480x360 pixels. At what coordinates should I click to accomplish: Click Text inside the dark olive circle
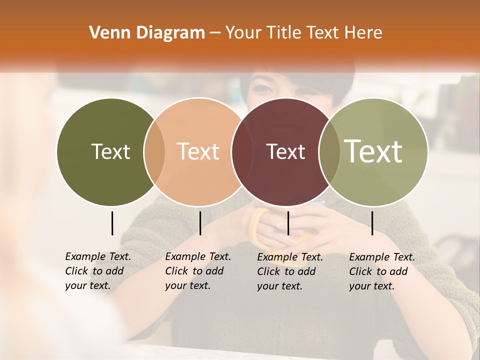tap(110, 151)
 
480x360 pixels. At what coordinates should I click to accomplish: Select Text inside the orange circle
tap(198, 151)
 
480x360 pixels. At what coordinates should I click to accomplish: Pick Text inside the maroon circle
tap(285, 151)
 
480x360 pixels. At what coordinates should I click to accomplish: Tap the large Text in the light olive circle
tap(373, 151)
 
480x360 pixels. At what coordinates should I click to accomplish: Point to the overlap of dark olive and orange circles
tap(154, 152)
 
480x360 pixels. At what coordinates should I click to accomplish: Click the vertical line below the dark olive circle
tap(112, 223)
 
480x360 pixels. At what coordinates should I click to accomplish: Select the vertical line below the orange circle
tap(200, 223)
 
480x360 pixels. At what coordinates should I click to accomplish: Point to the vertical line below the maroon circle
tap(288, 223)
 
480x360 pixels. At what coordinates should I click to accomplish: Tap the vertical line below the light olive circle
tap(372, 223)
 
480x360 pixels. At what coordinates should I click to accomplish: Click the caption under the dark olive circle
tap(97, 271)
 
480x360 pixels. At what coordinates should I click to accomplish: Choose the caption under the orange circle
tap(197, 271)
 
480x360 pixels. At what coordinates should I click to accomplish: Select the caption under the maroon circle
tap(289, 271)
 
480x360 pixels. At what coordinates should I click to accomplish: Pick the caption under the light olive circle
tap(381, 271)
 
